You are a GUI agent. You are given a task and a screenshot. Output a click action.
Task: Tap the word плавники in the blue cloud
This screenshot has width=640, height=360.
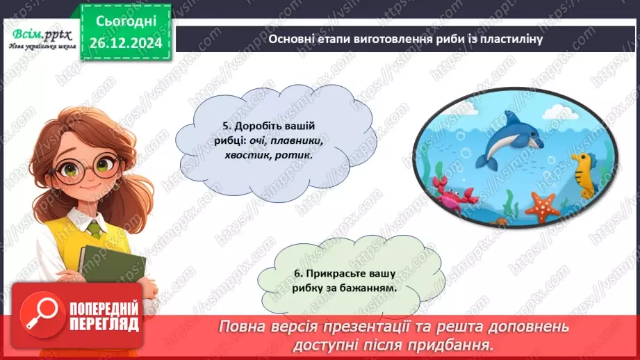pyautogui.click(x=281, y=141)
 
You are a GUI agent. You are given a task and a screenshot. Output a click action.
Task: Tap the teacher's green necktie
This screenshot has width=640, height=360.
pyautogui.click(x=95, y=229)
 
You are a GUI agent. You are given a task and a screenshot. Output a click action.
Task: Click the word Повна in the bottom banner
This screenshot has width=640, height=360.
pyautogui.click(x=244, y=327)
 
